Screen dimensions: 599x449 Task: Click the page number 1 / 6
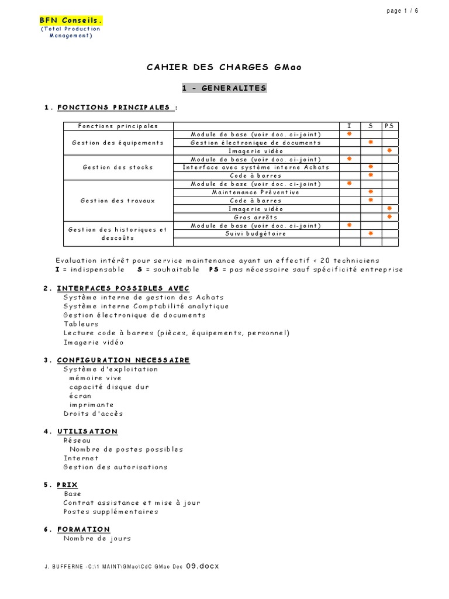pos(402,11)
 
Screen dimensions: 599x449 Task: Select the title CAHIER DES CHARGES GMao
pos(224,67)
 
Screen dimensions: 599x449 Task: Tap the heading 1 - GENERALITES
pos(224,88)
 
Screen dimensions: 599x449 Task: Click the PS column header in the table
pos(389,126)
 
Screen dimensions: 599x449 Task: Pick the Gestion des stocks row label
pos(118,167)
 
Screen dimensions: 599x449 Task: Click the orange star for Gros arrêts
pos(389,217)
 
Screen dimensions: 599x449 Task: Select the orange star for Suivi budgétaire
pos(371,233)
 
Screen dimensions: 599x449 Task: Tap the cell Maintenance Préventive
pos(255,192)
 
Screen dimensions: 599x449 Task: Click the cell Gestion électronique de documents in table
pos(255,143)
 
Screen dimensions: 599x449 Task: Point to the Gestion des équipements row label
pos(118,143)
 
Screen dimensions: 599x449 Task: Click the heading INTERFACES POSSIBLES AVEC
pos(123,288)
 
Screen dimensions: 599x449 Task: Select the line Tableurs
pos(81,324)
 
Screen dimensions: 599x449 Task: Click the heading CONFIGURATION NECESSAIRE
pos(123,360)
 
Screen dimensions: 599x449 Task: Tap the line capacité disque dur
pos(109,387)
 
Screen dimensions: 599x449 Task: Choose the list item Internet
pos(81,458)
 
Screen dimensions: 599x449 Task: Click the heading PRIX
pos(68,485)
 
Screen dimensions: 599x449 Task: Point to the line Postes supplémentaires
pos(111,512)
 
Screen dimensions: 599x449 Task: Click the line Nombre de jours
pos(97,539)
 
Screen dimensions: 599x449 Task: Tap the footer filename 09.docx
pos(202,567)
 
